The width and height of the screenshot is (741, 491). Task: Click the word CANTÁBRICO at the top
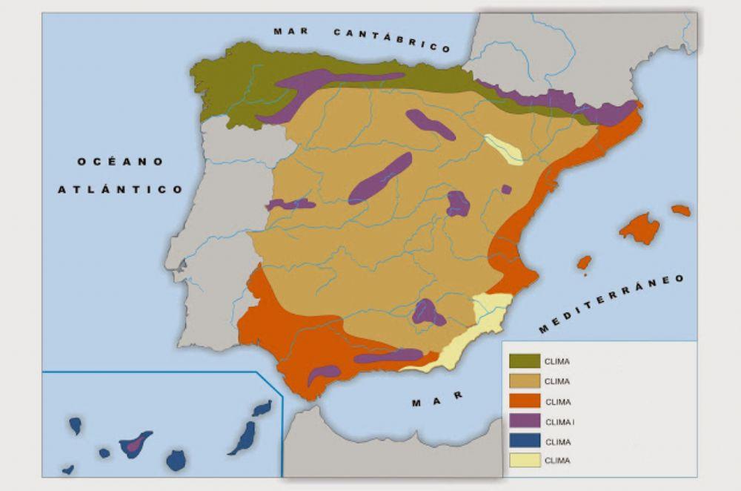pos(392,40)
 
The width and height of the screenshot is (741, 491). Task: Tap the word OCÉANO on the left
pos(120,161)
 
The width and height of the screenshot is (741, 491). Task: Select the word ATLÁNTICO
pos(120,189)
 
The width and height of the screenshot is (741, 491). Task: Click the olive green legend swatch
pos(524,361)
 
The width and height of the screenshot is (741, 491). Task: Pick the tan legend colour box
pos(524,381)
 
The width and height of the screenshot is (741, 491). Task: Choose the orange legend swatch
pos(524,401)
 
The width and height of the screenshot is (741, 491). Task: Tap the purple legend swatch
pos(524,421)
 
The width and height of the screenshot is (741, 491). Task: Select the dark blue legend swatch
pos(524,441)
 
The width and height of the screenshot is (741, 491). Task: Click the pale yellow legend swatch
pos(524,461)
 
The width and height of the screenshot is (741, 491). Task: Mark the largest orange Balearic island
pos(640,228)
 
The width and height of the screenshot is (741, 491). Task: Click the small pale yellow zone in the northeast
pos(505,148)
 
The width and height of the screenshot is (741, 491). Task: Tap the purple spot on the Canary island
pos(133,446)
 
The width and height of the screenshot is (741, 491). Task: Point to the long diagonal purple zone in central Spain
pos(379,179)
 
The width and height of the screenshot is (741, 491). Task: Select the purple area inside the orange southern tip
pos(323,374)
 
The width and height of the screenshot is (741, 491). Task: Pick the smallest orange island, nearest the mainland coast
pos(584,263)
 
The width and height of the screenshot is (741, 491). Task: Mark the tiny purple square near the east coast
pos(506,189)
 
